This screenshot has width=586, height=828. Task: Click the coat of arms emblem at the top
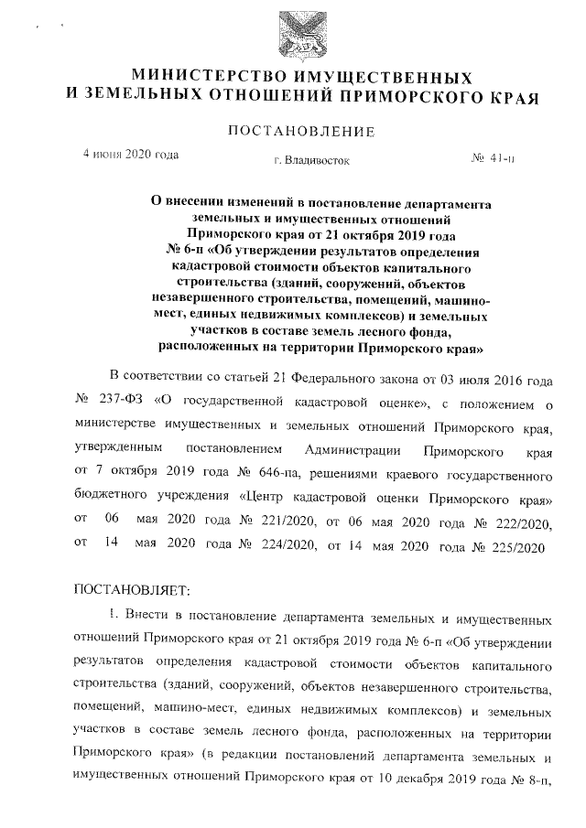(x=301, y=33)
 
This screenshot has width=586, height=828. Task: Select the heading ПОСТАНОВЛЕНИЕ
(x=301, y=132)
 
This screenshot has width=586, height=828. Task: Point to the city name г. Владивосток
(x=310, y=161)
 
